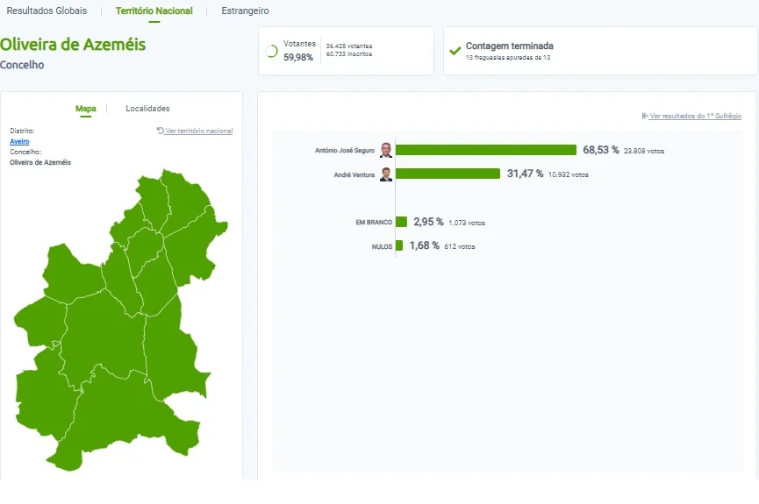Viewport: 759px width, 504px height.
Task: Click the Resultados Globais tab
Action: tap(47, 11)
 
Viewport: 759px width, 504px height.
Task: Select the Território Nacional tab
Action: tap(154, 11)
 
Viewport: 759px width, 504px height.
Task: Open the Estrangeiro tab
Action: tap(245, 11)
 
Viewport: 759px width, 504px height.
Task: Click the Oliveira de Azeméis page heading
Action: tap(73, 45)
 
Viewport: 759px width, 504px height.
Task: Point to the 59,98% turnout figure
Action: tap(298, 57)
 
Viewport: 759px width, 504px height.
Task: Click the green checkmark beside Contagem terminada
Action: tap(455, 50)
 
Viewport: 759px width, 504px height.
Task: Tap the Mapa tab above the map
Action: tap(86, 109)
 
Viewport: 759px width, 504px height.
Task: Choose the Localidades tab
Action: tap(147, 109)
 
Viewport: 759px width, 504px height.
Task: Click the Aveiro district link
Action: tap(19, 141)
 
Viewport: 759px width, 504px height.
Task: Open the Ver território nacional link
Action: tap(195, 131)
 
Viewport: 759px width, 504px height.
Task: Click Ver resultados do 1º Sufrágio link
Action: tap(691, 116)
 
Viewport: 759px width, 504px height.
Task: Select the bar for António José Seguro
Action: tap(486, 150)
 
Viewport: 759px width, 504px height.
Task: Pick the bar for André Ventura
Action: tap(448, 174)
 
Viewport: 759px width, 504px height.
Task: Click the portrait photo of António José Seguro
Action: tap(386, 150)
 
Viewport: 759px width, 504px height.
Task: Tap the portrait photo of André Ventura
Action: tap(386, 174)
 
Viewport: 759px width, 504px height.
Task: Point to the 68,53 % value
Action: tap(601, 150)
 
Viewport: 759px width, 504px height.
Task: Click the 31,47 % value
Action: tap(526, 174)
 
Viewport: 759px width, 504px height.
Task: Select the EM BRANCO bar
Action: tap(401, 222)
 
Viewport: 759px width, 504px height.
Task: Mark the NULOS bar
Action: tap(399, 245)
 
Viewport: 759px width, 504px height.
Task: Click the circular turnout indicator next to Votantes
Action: tap(271, 51)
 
